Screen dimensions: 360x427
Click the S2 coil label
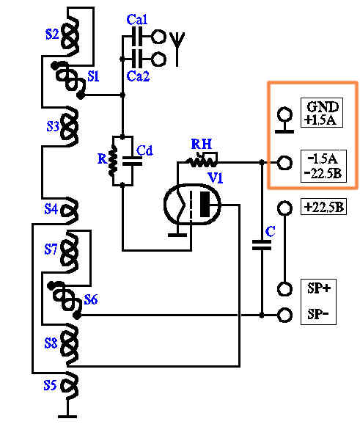tap(52, 34)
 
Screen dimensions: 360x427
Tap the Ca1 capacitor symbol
tap(137, 37)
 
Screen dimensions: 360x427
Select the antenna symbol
tap(177, 48)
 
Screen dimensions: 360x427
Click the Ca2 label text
tap(139, 76)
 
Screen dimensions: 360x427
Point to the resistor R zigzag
tap(113, 161)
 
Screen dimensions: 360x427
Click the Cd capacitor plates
tap(132, 161)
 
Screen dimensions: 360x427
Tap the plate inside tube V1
tap(205, 204)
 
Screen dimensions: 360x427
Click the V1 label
tap(216, 178)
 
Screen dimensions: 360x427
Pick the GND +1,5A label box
tap(322, 113)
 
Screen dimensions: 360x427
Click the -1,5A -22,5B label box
tap(323, 166)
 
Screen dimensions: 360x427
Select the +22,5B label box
tap(323, 207)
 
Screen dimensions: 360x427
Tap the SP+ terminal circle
tap(284, 289)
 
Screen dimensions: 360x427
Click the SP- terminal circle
tap(284, 315)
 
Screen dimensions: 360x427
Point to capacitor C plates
tap(262, 245)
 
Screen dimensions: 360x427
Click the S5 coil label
tap(50, 385)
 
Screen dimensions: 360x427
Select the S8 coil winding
tap(70, 343)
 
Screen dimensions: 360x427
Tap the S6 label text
tap(91, 299)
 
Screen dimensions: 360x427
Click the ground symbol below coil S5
tap(67, 417)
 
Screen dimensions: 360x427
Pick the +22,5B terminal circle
tap(284, 208)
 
